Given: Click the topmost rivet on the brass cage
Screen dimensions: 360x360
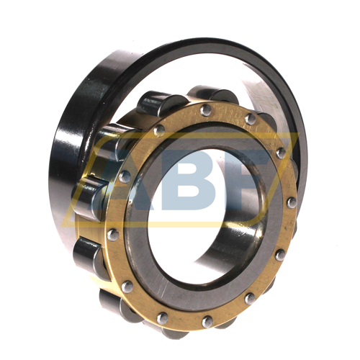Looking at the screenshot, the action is click(x=206, y=110).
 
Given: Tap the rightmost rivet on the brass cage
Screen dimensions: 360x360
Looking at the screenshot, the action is click(x=292, y=203).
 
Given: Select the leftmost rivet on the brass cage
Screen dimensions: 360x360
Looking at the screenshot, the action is click(x=113, y=235).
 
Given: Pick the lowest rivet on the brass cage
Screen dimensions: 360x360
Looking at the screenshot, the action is click(x=207, y=322).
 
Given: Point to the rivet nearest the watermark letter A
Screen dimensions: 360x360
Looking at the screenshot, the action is click(x=125, y=176).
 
